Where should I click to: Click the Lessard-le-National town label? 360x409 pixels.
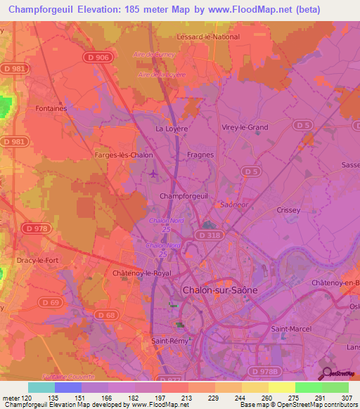208,37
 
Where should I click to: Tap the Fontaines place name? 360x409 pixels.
51,109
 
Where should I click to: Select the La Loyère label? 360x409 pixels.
169,129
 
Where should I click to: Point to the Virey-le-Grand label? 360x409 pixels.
245,127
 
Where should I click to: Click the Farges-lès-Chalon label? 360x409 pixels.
123,155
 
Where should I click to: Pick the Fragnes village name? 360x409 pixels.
200,155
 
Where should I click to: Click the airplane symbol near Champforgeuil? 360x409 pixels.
154,174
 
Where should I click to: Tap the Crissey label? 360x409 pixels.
288,210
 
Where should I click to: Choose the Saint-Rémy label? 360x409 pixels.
169,342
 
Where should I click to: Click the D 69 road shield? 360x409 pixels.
50,301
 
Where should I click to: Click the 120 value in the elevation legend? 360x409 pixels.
28,398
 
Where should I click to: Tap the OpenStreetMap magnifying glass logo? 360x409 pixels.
328,374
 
